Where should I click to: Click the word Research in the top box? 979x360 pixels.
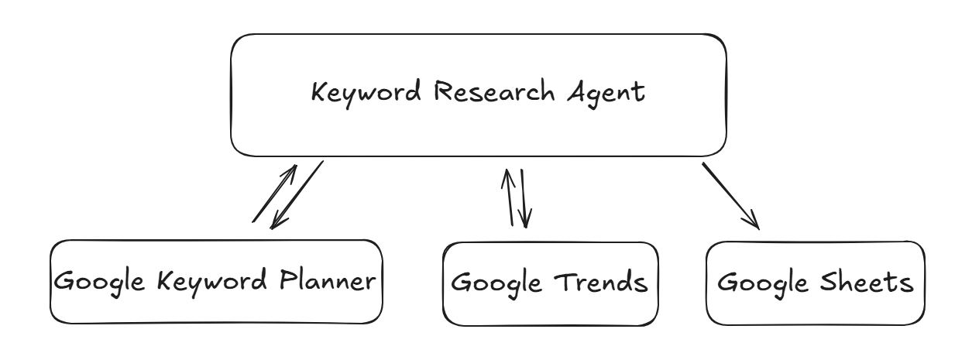[494, 91]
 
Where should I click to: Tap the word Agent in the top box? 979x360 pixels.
[606, 94]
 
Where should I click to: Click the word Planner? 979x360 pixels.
[328, 280]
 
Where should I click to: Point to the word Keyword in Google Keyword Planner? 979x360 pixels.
[211, 282]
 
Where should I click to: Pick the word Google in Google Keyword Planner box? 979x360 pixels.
[99, 283]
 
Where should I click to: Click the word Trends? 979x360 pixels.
[601, 283]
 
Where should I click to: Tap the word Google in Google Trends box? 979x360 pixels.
[496, 284]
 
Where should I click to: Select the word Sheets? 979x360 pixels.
[866, 282]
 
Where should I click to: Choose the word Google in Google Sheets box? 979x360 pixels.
[762, 284]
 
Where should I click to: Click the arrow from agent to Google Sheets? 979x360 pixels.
[730, 196]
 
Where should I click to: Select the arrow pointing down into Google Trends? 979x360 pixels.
[524, 198]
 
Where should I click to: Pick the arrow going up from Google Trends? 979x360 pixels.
[509, 197]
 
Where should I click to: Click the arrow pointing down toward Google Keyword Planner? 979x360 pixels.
[297, 195]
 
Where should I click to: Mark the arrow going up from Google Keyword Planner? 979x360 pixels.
[274, 194]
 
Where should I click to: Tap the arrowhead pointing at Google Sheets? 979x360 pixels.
[753, 221]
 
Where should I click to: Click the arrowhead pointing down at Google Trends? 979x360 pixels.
[525, 218]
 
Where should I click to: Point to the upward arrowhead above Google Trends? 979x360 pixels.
[507, 178]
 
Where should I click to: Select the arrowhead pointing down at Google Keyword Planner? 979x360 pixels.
[277, 221]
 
